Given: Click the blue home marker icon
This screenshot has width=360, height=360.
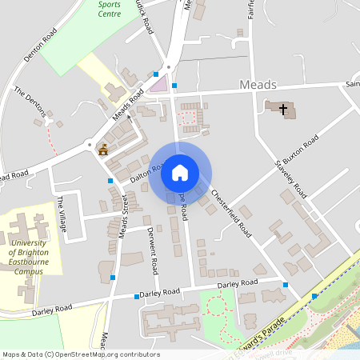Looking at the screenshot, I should click(x=180, y=173).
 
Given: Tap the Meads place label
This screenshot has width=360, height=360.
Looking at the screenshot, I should click(x=258, y=85).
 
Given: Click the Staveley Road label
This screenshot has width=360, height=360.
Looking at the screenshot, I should click(x=290, y=178).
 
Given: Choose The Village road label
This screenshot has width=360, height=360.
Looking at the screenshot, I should click(x=62, y=209).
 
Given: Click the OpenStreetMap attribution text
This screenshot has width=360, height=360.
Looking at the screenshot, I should click(x=80, y=354).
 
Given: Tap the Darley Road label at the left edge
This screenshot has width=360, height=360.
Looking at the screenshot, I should click(x=51, y=309).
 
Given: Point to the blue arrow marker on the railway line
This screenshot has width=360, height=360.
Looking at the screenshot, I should click(x=314, y=296).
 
